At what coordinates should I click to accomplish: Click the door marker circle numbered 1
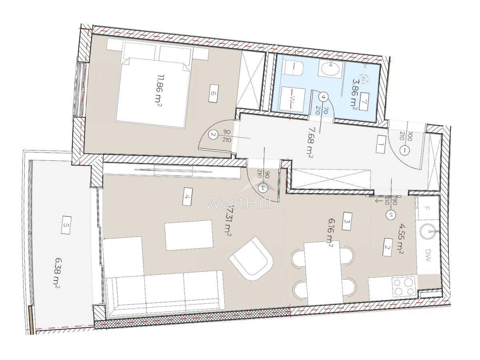pos(405,151)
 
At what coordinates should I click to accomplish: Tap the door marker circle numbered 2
pos(213,135)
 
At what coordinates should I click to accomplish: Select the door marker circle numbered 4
pos(324,96)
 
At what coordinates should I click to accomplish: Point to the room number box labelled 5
pos(66,226)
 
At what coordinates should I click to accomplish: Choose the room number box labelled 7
pos(364,102)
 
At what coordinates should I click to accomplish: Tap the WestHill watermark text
pos(238,202)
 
